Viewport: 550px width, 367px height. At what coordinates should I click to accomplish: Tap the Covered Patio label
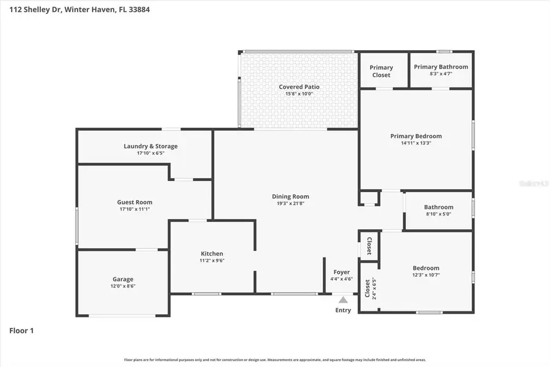(299, 87)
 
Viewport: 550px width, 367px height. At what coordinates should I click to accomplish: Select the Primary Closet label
(381, 71)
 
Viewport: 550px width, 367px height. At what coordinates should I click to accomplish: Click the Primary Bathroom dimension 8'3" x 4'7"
(441, 74)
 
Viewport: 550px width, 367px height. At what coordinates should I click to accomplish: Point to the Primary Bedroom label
(416, 136)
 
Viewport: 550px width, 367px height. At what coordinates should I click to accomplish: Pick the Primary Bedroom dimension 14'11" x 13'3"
(416, 143)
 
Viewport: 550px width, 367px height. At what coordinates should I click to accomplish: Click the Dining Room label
(290, 196)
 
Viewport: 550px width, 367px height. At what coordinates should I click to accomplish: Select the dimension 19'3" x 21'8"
(290, 204)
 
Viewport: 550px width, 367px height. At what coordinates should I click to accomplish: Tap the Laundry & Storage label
(150, 146)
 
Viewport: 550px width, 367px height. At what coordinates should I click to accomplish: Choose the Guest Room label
(134, 202)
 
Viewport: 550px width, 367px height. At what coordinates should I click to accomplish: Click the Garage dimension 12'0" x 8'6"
(122, 286)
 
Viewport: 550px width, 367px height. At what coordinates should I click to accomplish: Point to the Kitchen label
(212, 253)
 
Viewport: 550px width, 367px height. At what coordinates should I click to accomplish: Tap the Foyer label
(342, 272)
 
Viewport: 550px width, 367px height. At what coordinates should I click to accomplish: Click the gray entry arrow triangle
(343, 300)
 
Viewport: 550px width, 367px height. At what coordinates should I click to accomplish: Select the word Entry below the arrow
(343, 310)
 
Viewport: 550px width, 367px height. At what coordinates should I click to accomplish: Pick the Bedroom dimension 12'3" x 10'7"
(425, 275)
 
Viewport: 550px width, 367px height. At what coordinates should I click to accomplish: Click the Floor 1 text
(21, 331)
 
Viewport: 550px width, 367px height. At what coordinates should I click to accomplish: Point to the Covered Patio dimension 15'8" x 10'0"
(299, 94)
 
